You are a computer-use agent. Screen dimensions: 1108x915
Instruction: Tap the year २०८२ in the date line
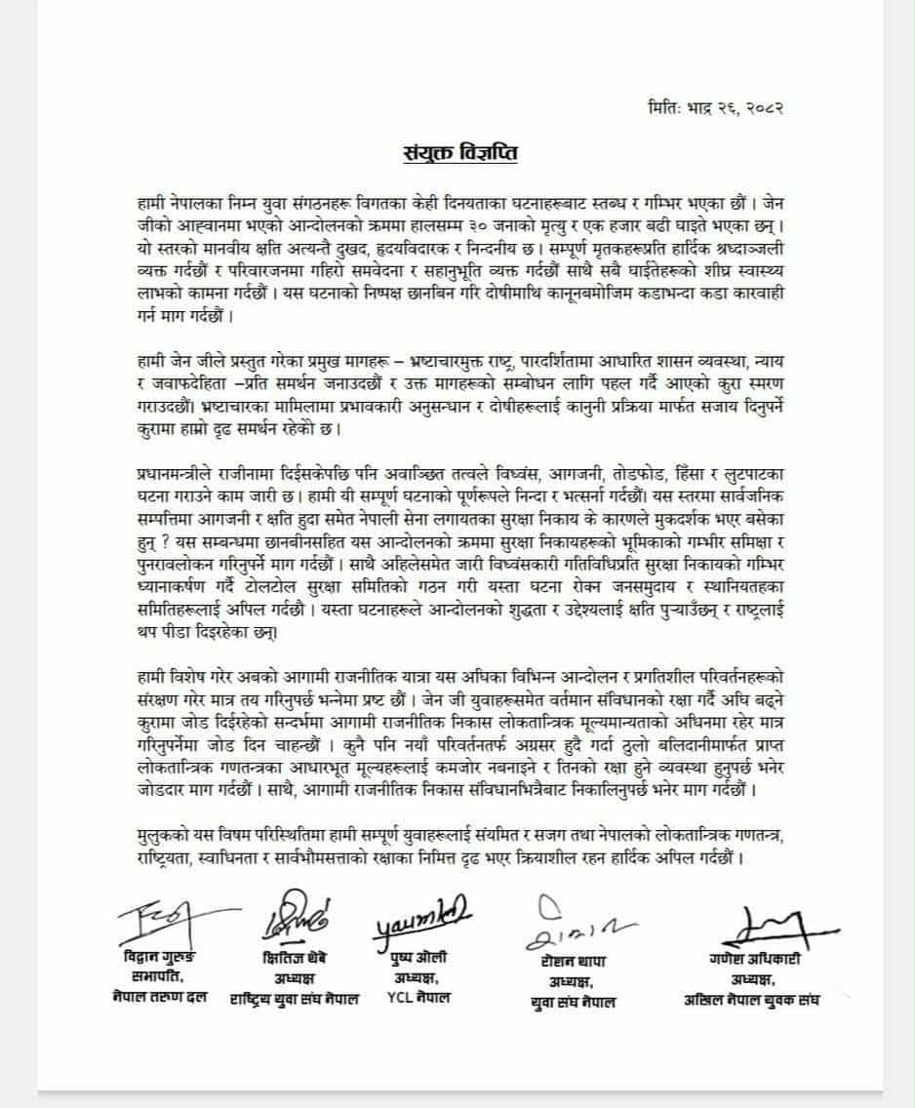[x=762, y=106]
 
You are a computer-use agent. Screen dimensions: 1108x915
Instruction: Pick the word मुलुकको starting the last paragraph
[x=165, y=836]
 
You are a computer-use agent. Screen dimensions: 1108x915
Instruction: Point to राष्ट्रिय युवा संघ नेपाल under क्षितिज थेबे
[x=295, y=998]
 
